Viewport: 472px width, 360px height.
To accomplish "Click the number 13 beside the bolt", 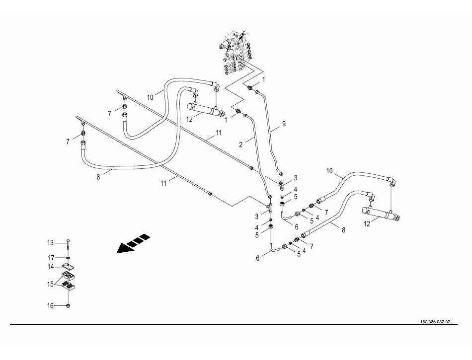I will [50, 242].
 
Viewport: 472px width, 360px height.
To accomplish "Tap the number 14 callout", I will [50, 267].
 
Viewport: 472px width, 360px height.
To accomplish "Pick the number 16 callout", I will [50, 306].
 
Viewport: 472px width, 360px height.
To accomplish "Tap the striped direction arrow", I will [133, 243].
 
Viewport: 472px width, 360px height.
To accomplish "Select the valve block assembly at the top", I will [236, 52].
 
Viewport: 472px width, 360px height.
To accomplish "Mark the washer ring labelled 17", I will [68, 258].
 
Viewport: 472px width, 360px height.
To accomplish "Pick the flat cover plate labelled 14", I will [68, 266].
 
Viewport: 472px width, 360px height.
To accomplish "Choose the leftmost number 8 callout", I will [98, 176].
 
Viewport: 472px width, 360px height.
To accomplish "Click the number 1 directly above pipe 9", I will [263, 79].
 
